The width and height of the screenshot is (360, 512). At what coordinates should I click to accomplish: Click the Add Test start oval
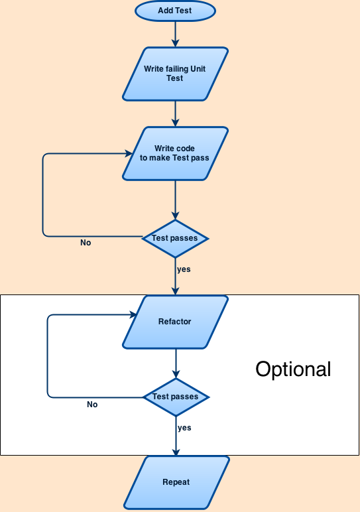175,11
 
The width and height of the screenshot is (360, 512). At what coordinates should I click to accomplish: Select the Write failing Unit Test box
175,74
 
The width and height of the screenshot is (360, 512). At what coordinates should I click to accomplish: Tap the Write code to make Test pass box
175,153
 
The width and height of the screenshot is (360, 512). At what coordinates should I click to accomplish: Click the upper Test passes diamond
175,237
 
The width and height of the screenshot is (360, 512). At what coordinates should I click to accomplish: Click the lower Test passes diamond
176,397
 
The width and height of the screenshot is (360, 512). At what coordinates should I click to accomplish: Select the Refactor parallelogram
175,322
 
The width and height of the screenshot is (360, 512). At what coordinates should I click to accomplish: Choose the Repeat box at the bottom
176,482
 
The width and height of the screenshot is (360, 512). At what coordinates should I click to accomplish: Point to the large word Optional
293,369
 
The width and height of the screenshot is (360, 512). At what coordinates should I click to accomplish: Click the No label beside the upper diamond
86,243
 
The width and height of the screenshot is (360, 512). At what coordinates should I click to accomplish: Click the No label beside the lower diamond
92,405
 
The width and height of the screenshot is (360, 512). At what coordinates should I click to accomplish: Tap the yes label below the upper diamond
184,269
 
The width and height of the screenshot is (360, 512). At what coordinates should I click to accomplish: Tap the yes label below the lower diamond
184,428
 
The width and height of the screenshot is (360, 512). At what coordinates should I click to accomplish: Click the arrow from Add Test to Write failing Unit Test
175,33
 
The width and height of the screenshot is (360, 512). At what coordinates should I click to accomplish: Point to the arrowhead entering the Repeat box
176,452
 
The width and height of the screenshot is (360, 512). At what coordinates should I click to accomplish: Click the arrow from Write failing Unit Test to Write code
175,113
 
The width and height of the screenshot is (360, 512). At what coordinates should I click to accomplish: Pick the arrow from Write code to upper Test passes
175,199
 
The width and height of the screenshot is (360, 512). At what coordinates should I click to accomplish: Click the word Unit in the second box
198,69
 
